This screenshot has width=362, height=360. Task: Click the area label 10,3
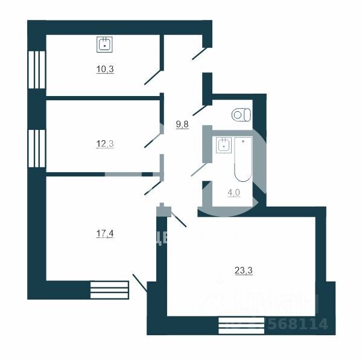[x=105, y=69]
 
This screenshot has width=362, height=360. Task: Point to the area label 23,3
[x=243, y=271]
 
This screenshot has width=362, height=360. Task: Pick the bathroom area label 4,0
[x=233, y=193]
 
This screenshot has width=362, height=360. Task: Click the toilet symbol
[x=242, y=114]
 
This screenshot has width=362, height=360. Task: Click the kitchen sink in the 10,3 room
[x=106, y=43]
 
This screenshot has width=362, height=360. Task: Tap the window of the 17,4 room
[x=109, y=290]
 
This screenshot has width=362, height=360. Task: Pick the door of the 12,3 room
[x=151, y=140]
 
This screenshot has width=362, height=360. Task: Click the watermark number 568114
[x=300, y=324]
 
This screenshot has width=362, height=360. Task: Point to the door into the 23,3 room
[x=179, y=219]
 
